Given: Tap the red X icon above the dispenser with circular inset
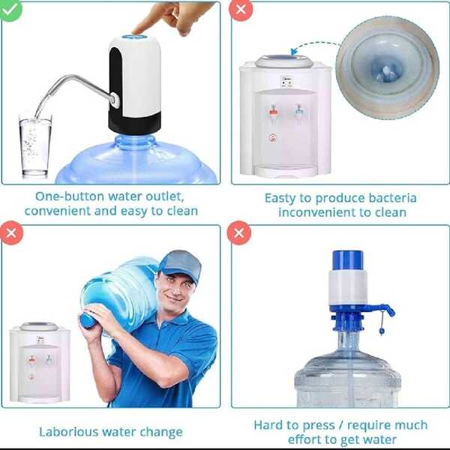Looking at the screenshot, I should pyautogui.click(x=239, y=9).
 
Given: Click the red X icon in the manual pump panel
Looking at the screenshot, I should pyautogui.click(x=239, y=233).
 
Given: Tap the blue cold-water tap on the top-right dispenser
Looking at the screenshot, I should pyautogui.click(x=298, y=112).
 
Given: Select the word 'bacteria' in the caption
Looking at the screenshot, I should pyautogui.click(x=389, y=198).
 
